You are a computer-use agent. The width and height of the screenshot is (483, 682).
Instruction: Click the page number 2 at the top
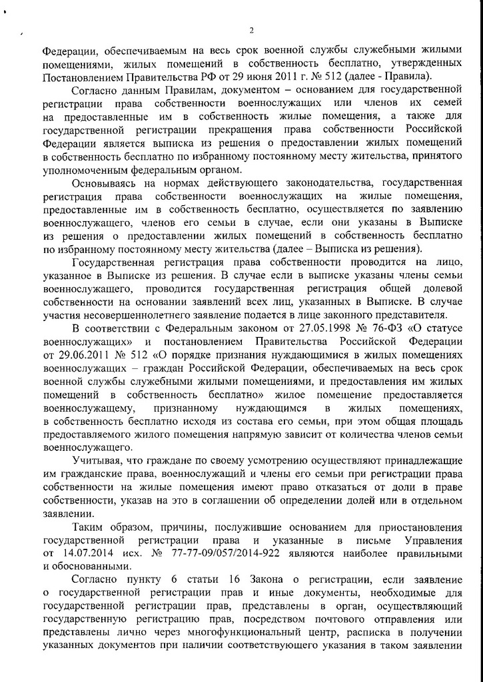pyautogui.click(x=252, y=30)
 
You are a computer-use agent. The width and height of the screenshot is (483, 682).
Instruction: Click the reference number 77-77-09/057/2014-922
pyautogui.click(x=219, y=554)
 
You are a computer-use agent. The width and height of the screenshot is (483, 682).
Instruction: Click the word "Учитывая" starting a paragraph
pyautogui.click(x=93, y=460)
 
